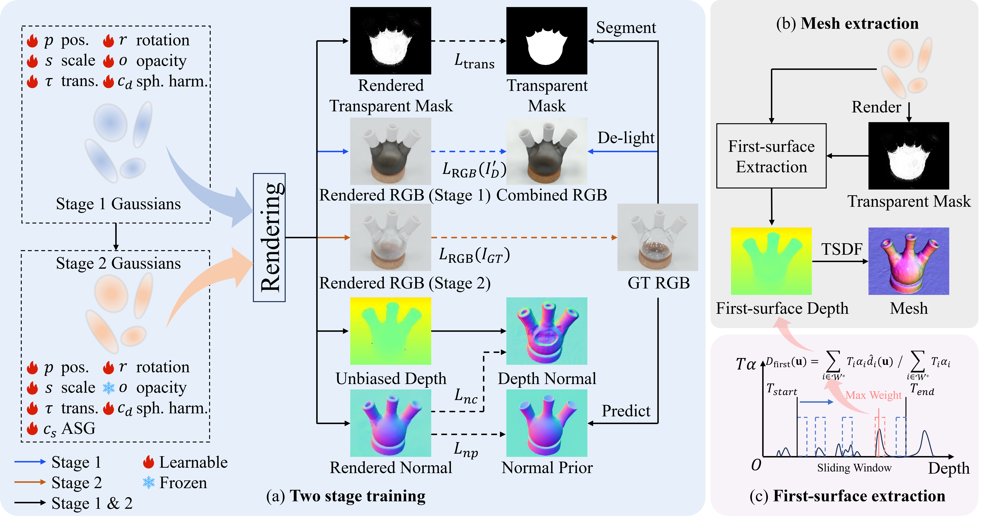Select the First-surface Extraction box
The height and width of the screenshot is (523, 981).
771,156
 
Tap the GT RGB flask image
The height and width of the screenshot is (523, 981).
658,237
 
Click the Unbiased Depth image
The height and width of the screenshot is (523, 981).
390,331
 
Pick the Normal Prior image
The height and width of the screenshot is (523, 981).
546,423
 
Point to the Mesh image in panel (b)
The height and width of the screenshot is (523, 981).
909,261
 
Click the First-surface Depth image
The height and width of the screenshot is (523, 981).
771,261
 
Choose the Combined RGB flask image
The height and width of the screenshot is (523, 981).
546,151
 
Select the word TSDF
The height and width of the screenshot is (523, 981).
842,249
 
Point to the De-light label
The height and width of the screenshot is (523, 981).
626,138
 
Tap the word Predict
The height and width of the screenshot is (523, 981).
626,411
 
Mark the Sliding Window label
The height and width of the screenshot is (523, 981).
854,468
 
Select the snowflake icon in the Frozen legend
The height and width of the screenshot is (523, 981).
149,483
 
